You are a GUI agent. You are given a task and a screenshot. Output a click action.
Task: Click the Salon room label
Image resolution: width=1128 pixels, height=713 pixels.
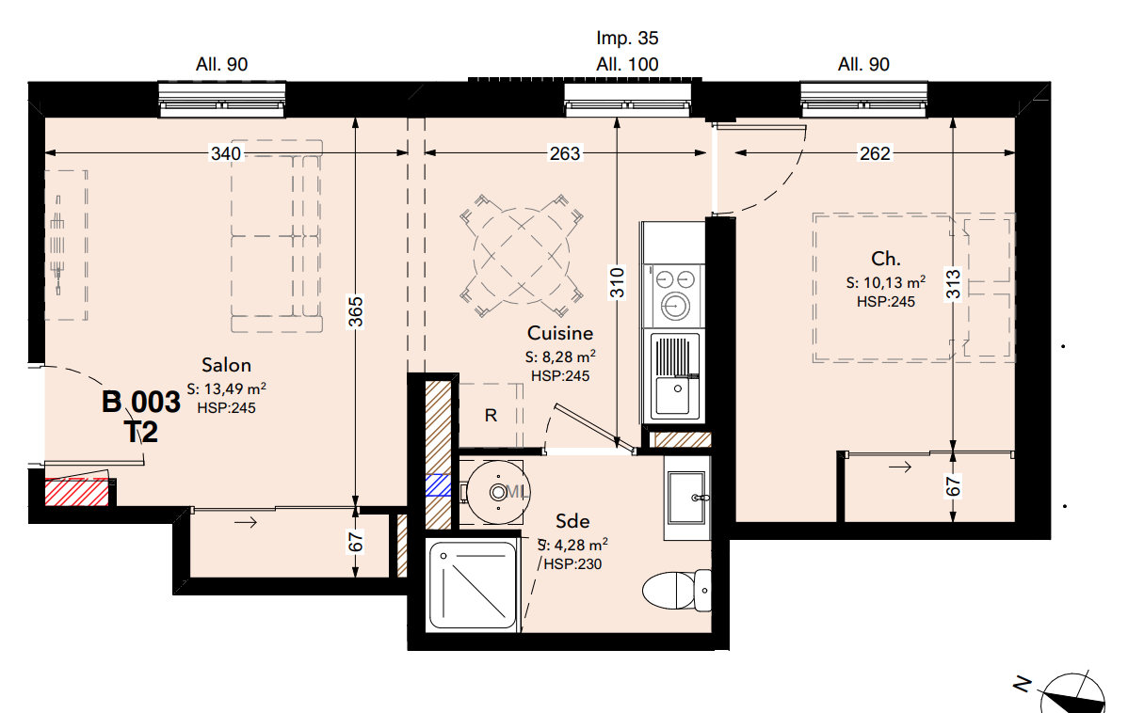pos(226,365)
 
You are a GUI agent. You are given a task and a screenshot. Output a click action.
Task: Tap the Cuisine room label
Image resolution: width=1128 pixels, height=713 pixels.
pos(559,334)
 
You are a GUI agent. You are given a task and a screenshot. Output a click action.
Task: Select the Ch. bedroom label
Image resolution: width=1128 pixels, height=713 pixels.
pos(886,259)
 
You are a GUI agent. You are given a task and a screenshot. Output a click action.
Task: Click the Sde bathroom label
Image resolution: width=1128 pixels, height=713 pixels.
pos(572,521)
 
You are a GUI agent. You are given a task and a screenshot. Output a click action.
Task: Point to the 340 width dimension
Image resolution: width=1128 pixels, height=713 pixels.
pos(226,153)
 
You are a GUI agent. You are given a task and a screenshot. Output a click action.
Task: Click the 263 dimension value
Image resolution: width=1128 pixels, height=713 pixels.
pos(565,153)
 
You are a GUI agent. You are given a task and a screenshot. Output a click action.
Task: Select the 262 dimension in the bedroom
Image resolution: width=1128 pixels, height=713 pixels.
pos(875,153)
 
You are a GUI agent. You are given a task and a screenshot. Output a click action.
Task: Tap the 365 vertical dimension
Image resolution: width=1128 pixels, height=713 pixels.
pos(356,312)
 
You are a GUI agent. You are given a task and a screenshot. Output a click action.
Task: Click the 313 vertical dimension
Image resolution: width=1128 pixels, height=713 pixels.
pos(953,285)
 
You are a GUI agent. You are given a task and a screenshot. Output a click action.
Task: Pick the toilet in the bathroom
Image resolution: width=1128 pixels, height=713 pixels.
pos(676,590)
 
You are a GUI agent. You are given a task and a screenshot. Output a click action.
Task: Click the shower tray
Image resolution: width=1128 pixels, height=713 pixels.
pos(473,585)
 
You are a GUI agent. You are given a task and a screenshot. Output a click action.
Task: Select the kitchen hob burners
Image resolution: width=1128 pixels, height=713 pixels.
pos(675,294)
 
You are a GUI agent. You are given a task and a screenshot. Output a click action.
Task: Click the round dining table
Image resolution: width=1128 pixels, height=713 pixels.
pos(522,256)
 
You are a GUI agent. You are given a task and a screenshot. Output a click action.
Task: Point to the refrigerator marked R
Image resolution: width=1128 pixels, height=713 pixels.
pos(491,416)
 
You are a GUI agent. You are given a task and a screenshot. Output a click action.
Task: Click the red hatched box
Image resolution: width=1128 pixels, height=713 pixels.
pos(77,493)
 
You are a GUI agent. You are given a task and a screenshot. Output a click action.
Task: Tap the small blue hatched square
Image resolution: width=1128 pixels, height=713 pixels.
pos(438,486)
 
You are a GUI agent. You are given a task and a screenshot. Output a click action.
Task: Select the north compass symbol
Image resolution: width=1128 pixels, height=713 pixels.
pos(1072,693)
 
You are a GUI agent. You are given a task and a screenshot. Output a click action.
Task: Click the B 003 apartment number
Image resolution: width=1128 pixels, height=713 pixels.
pos(141,403)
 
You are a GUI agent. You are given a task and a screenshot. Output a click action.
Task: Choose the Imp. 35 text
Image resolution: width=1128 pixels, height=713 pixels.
pos(627,38)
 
